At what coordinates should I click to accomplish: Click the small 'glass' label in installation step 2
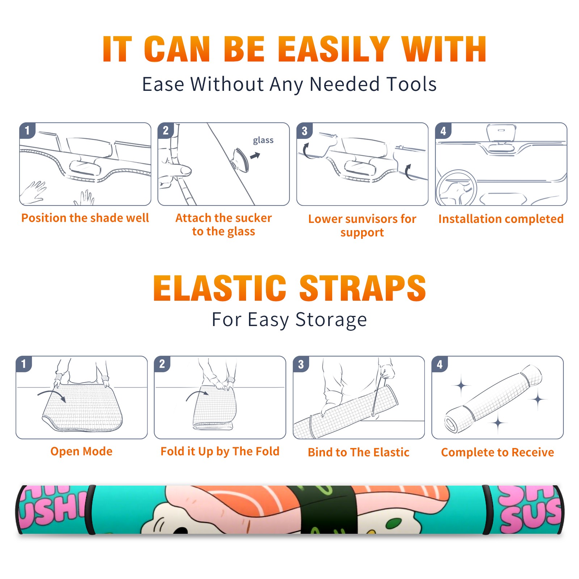point(263,140)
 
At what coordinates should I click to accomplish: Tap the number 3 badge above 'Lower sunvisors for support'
point(304,131)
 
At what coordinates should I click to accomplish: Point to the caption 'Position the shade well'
point(85,218)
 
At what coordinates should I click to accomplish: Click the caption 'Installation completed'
point(501,219)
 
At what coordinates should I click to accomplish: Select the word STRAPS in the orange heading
point(363,288)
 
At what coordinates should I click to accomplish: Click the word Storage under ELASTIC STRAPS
point(331,320)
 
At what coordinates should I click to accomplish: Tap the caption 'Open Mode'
point(81,451)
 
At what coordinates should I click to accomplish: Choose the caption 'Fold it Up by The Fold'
point(220,451)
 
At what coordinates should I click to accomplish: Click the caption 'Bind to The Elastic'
point(359,452)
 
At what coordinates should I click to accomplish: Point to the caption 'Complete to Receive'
point(498,452)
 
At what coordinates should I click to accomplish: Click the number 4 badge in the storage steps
point(440,364)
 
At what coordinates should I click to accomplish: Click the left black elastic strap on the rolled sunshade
point(90,510)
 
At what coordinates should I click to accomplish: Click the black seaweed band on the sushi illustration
point(329,510)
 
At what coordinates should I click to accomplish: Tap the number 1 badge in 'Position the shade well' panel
point(27,130)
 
